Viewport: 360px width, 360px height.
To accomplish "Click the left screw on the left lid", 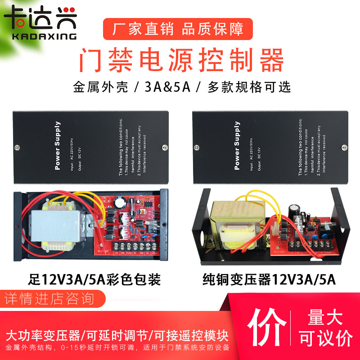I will [17, 147].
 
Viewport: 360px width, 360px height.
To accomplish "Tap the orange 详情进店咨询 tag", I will [49, 297].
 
